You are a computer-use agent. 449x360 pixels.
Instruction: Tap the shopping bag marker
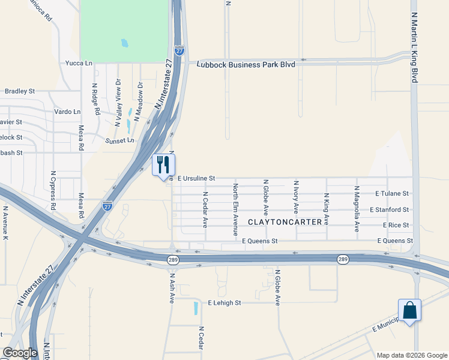[x=409, y=311]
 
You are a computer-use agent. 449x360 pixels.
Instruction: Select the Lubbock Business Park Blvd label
[x=246, y=64]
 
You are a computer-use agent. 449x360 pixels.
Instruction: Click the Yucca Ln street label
[x=80, y=62]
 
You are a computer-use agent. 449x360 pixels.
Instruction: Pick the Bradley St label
[x=19, y=91]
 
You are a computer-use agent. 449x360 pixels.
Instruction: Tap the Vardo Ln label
[x=67, y=112]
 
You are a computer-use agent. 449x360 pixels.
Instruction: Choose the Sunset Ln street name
[x=120, y=140]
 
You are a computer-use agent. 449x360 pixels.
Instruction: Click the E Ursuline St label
[x=196, y=178]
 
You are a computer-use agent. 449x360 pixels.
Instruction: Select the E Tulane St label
[x=391, y=194]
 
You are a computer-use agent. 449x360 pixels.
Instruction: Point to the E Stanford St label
[x=389, y=209]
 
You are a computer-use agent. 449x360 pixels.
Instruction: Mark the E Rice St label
[x=396, y=225]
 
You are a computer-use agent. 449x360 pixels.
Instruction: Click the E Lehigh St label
[x=224, y=303]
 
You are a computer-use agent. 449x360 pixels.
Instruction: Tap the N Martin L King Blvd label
[x=414, y=41]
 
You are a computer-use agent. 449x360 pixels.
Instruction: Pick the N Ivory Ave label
[x=296, y=196]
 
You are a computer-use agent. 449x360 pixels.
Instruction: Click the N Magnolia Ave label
[x=357, y=208]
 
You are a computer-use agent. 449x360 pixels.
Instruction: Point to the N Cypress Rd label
[x=53, y=190]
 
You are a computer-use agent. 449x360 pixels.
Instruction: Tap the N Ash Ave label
[x=172, y=289]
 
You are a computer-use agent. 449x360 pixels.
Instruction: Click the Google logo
[x=20, y=353]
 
